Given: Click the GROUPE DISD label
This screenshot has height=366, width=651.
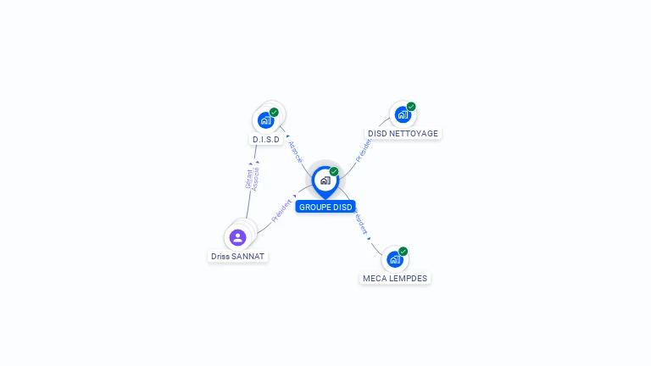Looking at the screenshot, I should click(x=325, y=207).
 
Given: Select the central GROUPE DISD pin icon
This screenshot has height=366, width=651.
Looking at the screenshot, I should click(x=325, y=180).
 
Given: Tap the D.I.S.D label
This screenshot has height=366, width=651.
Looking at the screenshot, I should click(x=266, y=139).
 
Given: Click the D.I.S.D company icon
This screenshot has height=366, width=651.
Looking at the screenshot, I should click(x=265, y=119).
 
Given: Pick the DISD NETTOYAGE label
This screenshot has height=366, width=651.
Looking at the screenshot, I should click(x=403, y=134).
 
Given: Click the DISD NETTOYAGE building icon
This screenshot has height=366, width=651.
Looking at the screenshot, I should click(x=403, y=114).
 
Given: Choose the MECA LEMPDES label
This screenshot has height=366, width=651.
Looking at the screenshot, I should click(x=395, y=278).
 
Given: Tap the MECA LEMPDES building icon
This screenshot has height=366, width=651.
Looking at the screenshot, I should click(x=394, y=259).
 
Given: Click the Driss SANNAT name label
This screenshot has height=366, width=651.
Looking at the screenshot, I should click(x=238, y=256).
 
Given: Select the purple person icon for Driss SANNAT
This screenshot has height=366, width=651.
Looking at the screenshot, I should click(x=238, y=237).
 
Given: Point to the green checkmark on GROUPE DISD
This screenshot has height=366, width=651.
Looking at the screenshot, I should click(x=334, y=171).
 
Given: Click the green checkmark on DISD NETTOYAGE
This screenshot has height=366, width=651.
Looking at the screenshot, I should click(x=411, y=107).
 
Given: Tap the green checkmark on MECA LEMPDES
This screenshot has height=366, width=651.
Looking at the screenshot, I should click(x=403, y=251).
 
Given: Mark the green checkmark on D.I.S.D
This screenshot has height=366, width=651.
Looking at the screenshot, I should click(x=274, y=112).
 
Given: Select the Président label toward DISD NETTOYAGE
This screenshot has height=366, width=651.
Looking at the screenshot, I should click(x=363, y=149).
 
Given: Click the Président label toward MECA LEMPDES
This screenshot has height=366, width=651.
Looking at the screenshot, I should click(x=361, y=222).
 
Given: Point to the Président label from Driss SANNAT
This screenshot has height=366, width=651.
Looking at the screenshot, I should click(x=281, y=210).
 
